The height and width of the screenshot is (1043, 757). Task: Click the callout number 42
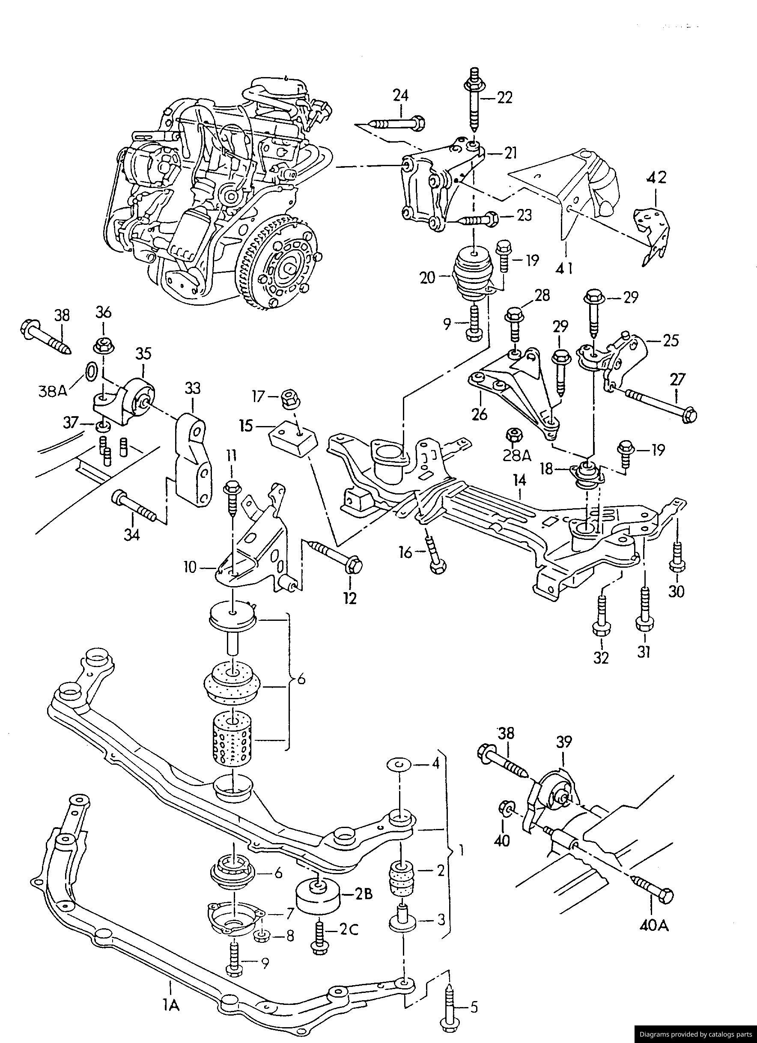[656, 178]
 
